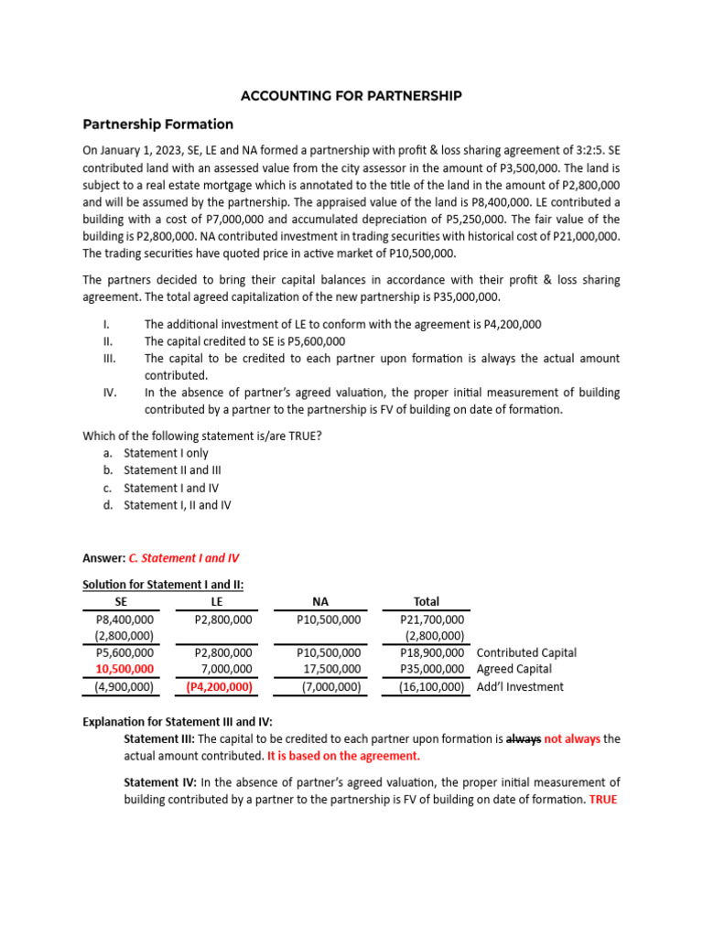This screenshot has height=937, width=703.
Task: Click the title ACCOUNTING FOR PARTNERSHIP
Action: pyautogui.click(x=351, y=95)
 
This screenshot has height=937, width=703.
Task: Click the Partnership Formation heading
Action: pyautogui.click(x=158, y=124)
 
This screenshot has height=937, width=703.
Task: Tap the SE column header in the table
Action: pyautogui.click(x=121, y=601)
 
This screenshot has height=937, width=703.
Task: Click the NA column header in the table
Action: pyautogui.click(x=319, y=601)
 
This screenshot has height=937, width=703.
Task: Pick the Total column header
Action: pyautogui.click(x=426, y=601)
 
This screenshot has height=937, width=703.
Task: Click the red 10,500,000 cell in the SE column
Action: pyautogui.click(x=124, y=670)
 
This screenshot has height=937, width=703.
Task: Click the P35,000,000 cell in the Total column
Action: pyautogui.click(x=432, y=670)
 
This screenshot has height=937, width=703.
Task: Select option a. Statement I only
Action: pyautogui.click(x=166, y=453)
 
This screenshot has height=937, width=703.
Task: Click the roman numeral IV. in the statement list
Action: pyautogui.click(x=110, y=393)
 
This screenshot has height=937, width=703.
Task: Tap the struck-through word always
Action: pyautogui.click(x=524, y=738)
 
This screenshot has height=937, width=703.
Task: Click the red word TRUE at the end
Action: pyautogui.click(x=604, y=799)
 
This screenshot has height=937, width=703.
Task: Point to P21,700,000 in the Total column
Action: pyautogui.click(x=432, y=619)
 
